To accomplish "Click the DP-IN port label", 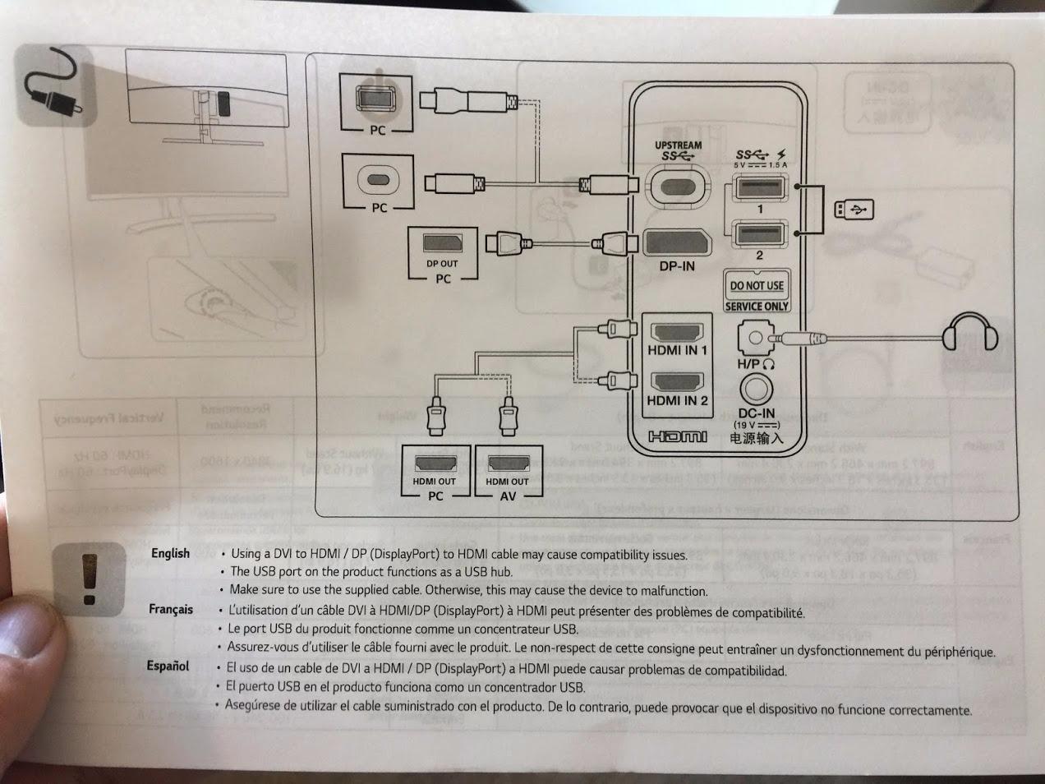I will [676, 266].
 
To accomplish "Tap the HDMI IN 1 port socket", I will [676, 332].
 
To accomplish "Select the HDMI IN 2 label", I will [677, 401].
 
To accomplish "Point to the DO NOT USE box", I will [757, 285].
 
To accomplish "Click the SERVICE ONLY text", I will [757, 306].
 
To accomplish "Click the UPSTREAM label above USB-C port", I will [678, 145].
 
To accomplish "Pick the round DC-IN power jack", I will [757, 389].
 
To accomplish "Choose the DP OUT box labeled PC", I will [443, 254].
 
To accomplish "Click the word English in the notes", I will [170, 553].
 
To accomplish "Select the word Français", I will [171, 609].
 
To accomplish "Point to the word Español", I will [168, 666].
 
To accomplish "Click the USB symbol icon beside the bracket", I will [854, 210].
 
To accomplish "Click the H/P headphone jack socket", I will [755, 337].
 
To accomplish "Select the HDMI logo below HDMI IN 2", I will [677, 436].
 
